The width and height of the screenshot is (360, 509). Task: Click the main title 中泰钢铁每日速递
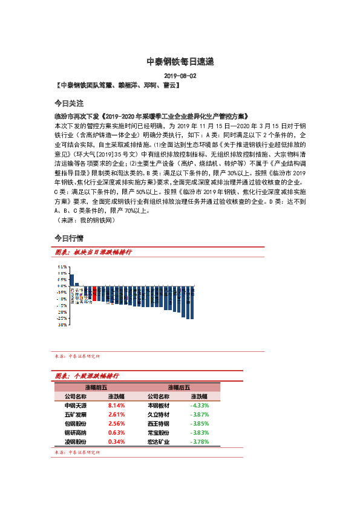tap(180, 62)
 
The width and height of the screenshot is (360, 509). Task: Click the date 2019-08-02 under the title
tap(180, 76)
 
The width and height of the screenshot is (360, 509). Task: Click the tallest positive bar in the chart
tap(71, 279)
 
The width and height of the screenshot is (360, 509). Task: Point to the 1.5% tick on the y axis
tap(62, 266)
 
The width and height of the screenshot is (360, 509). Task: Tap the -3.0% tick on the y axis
tap(62, 325)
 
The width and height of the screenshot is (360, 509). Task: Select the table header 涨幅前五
tap(96, 387)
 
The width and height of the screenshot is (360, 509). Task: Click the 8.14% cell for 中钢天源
tap(116, 406)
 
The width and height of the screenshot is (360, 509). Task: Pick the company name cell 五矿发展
tap(75, 415)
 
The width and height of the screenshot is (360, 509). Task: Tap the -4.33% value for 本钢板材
tap(199, 406)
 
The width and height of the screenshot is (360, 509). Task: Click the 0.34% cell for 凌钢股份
tap(116, 442)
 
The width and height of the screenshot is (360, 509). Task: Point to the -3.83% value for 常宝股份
tap(199, 433)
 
